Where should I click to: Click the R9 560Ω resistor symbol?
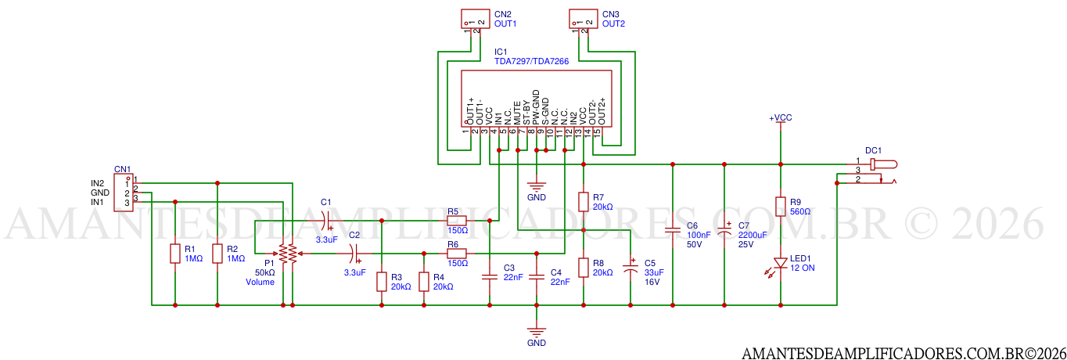(780, 207)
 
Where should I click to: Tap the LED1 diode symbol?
(780, 263)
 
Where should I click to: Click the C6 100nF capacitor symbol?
(673, 231)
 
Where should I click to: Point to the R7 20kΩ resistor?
(583, 202)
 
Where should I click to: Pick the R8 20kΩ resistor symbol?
(583, 268)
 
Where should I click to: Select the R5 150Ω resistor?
(457, 221)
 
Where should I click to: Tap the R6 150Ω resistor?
(457, 253)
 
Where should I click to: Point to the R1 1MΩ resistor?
(174, 254)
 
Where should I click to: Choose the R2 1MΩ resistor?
(217, 254)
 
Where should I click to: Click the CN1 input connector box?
(123, 193)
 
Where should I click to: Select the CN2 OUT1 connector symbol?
(472, 19)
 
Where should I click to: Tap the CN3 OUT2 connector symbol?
(580, 19)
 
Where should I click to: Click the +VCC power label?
(780, 117)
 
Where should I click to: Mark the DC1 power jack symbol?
(880, 171)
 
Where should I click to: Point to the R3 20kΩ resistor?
(381, 282)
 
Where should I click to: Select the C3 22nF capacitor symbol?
(489, 276)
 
